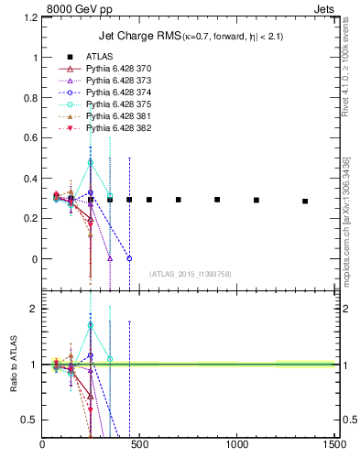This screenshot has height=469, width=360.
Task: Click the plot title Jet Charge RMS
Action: (138, 36)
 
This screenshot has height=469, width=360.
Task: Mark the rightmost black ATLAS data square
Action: (305, 202)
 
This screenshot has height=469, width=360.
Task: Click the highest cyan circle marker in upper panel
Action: (91, 162)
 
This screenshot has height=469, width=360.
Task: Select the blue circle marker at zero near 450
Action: (129, 258)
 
